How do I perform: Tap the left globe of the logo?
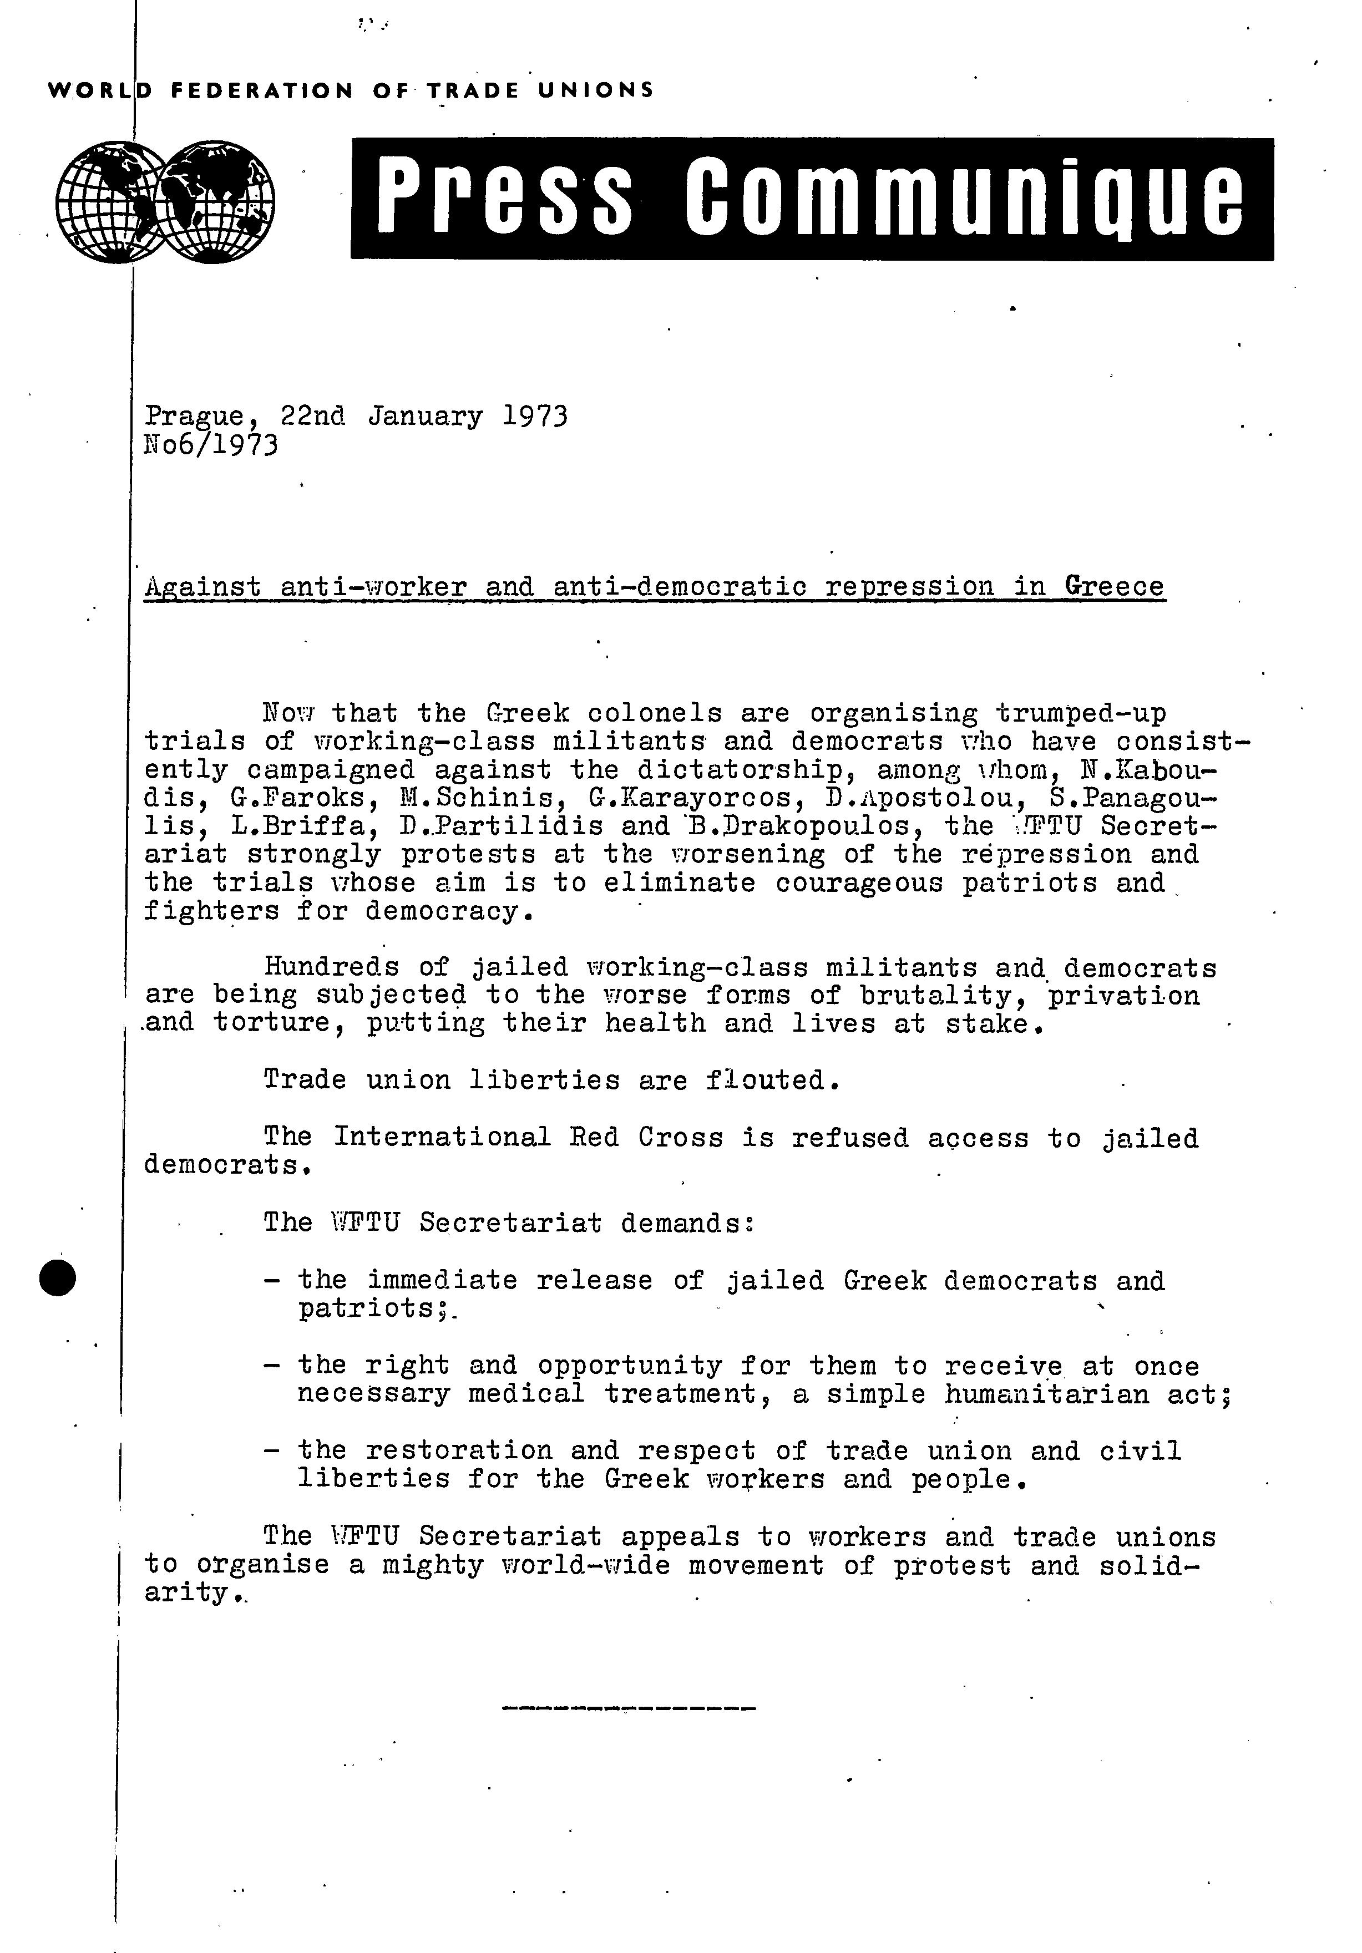pos(110,201)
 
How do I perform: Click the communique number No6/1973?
pos(211,445)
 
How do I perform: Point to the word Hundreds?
pos(331,967)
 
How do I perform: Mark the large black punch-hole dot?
pos(59,1277)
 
